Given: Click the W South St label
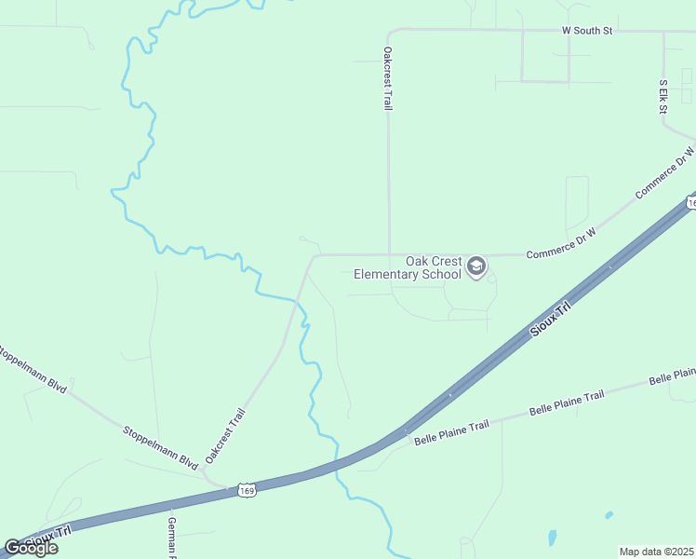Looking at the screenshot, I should click(x=587, y=31).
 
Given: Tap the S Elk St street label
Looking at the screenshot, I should click(x=664, y=98).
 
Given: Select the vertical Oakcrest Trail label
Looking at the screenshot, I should click(x=388, y=79).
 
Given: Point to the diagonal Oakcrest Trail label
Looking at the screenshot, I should click(x=226, y=436).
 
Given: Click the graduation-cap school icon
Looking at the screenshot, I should click(x=476, y=267).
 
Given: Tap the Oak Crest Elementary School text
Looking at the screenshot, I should click(x=433, y=268).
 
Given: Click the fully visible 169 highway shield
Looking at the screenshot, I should click(x=247, y=490).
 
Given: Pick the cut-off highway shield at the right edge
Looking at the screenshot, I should click(x=690, y=202).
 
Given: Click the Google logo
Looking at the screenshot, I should click(x=31, y=548).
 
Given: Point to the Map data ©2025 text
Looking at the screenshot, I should click(x=657, y=552).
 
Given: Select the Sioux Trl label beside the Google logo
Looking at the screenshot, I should click(x=48, y=538).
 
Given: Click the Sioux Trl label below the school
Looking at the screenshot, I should click(x=549, y=320).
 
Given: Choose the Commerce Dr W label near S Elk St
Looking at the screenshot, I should click(x=664, y=172).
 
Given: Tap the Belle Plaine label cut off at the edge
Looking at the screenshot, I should click(x=672, y=375).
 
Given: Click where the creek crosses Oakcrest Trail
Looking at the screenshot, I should click(x=298, y=301).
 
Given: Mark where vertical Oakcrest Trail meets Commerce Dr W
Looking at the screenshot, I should click(x=388, y=254).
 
